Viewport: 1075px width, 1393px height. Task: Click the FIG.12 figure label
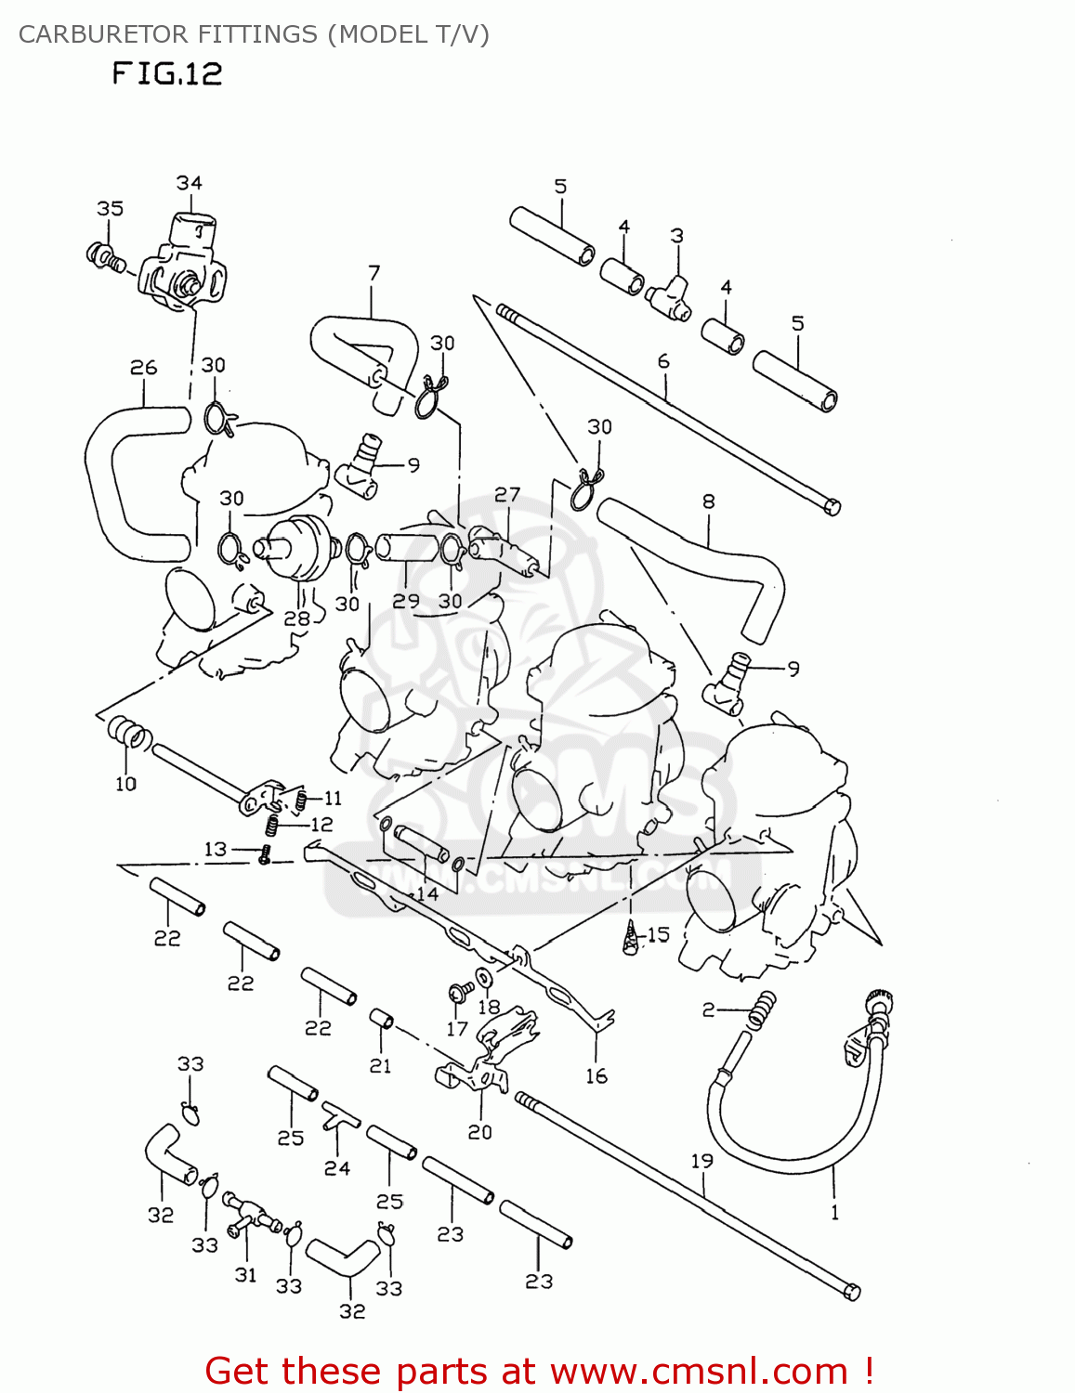[167, 73]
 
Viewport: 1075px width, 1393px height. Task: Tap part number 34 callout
[189, 183]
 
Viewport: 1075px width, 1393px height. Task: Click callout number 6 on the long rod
[663, 361]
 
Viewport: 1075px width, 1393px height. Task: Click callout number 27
[507, 495]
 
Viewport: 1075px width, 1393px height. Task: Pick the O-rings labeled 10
[126, 734]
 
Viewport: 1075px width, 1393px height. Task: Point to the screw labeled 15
[632, 938]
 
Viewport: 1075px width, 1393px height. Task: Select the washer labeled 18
[484, 978]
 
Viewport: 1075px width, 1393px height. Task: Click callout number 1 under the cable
[833, 1212]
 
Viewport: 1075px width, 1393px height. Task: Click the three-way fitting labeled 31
[249, 1217]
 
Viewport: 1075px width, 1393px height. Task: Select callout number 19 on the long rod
[701, 1161]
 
